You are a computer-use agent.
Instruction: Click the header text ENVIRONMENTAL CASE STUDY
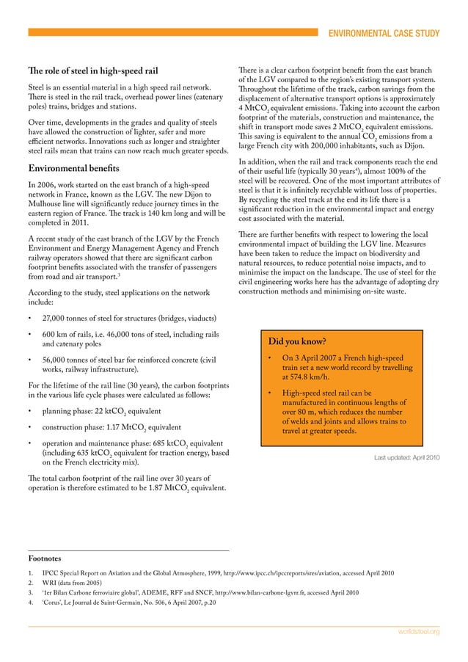384,33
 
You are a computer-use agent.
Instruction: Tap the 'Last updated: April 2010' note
406,457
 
